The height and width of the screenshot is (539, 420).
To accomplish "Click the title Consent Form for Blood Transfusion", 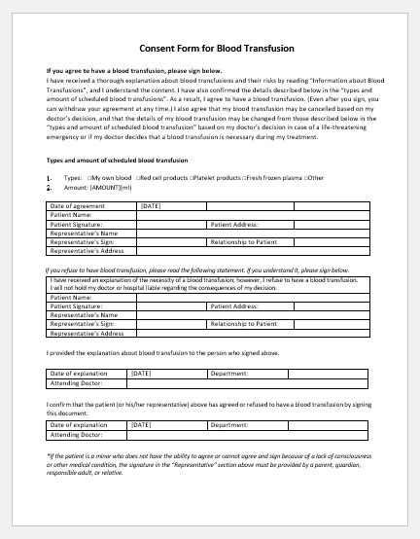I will coord(210,48).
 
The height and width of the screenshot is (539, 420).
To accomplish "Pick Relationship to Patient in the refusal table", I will coord(243,324).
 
